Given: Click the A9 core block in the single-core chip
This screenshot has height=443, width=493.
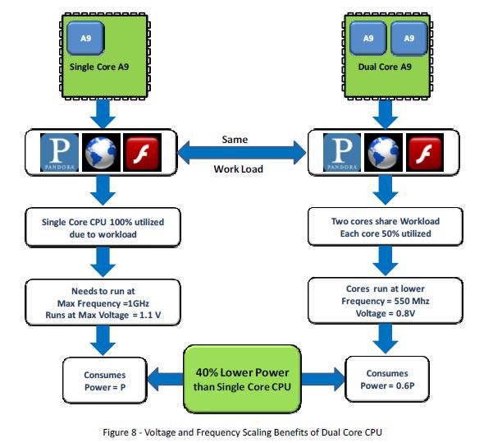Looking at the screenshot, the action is coord(85,38).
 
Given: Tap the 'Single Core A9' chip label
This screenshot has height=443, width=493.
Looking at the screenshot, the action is coord(99,67).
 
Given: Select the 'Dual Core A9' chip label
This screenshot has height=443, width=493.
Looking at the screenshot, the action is coord(385,67).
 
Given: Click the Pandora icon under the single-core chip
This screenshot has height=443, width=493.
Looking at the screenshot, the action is coord(59,153).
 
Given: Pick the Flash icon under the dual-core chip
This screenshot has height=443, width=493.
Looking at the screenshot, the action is coord(425,153).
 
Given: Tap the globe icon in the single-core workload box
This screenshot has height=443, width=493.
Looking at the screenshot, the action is coord(101,153).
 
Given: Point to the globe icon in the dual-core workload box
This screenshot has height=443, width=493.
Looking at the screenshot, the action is coord(383,153).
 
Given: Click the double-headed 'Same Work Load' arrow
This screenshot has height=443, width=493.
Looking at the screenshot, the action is coord(241,153).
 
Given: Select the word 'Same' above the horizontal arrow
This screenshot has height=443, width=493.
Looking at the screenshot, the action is coord(235,139).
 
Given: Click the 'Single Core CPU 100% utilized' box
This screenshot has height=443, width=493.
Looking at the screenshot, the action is coord(103,227).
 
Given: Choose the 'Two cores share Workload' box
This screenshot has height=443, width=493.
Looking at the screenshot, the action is coord(386,226).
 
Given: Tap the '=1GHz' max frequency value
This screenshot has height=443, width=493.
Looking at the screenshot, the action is coord(136,303).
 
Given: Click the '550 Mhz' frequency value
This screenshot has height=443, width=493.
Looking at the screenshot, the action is coord(412,301).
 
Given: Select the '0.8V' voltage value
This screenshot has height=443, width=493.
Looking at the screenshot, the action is coord(405,313).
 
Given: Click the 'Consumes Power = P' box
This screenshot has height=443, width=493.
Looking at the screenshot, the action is coord(105,381).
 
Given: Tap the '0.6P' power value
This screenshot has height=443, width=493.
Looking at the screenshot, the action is coord(405,385).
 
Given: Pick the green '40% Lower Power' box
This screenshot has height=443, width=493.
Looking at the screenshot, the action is coord(242,379).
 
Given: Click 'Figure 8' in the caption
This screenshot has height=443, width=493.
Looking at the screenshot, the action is coord(120,432).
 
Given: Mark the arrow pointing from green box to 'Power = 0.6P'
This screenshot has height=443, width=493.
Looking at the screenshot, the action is coord(323,379).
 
